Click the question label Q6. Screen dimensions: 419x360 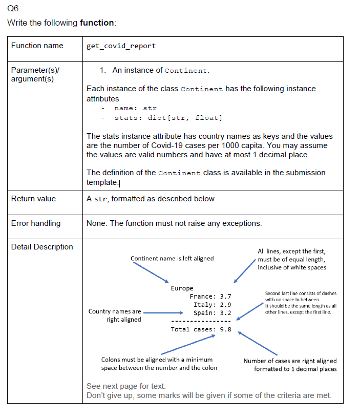click(x=14, y=9)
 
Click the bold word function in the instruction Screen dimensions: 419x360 click(x=97, y=23)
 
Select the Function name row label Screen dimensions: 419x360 click(x=37, y=46)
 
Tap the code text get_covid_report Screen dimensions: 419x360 click(x=121, y=46)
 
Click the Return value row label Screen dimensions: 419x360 click(x=34, y=199)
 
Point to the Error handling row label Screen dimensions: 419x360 click(x=36, y=223)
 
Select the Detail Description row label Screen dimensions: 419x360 click(x=42, y=247)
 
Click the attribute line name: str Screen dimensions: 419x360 click(x=135, y=108)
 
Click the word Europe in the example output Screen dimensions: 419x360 click(x=182, y=288)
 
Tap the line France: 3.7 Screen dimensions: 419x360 click(x=210, y=297)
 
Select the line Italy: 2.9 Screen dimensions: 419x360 click(x=212, y=305)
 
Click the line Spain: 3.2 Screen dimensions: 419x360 click(x=212, y=313)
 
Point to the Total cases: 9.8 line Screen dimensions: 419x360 click(x=201, y=329)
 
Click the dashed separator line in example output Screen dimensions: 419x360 click(x=201, y=321)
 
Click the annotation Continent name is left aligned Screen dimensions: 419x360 click(x=172, y=259)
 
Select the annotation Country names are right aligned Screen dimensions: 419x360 click(x=115, y=316)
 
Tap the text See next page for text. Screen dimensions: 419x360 click(x=126, y=386)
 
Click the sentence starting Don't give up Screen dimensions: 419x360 click(x=209, y=395)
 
